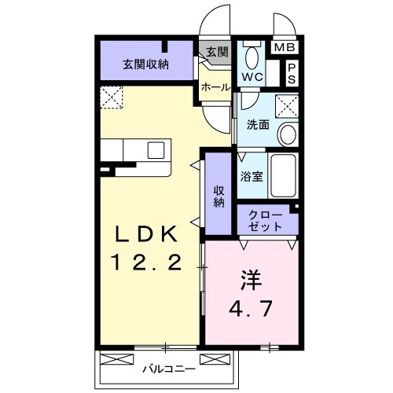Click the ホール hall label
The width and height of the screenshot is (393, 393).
(x=215, y=87)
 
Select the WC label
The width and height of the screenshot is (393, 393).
(x=252, y=77)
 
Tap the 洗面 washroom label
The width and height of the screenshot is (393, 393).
(x=259, y=124)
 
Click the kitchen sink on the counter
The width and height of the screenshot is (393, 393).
(x=156, y=150)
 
